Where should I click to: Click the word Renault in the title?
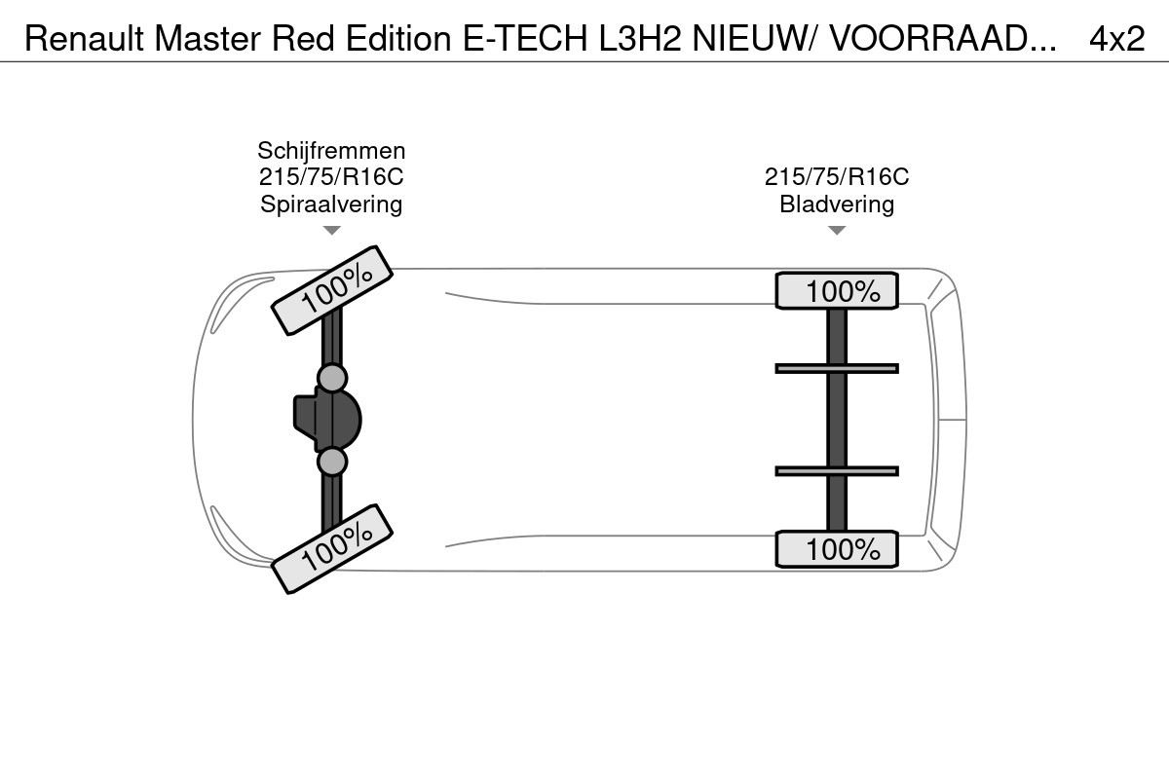coord(84,38)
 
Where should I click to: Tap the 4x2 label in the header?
coord(1116,38)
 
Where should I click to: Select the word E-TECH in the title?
coord(525,38)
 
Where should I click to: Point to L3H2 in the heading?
coord(640,38)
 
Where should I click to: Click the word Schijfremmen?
coord(331,151)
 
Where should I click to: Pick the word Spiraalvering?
coord(331,204)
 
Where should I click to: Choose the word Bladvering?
coord(837,204)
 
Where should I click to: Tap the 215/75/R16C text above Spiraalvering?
coord(331,177)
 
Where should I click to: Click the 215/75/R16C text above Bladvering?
coord(837,177)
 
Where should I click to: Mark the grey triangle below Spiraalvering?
coord(332,230)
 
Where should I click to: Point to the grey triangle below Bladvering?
coord(837,230)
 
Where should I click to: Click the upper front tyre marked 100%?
coord(332,290)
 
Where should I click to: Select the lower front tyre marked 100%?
coord(332,549)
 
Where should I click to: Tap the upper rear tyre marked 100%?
coord(837,290)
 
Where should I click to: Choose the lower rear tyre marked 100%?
coord(837,549)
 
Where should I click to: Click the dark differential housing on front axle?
coord(327,420)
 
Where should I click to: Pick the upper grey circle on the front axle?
coord(332,378)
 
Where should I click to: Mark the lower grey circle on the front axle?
coord(332,462)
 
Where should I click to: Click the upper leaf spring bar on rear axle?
coord(837,369)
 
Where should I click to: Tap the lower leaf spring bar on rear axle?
coord(837,471)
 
